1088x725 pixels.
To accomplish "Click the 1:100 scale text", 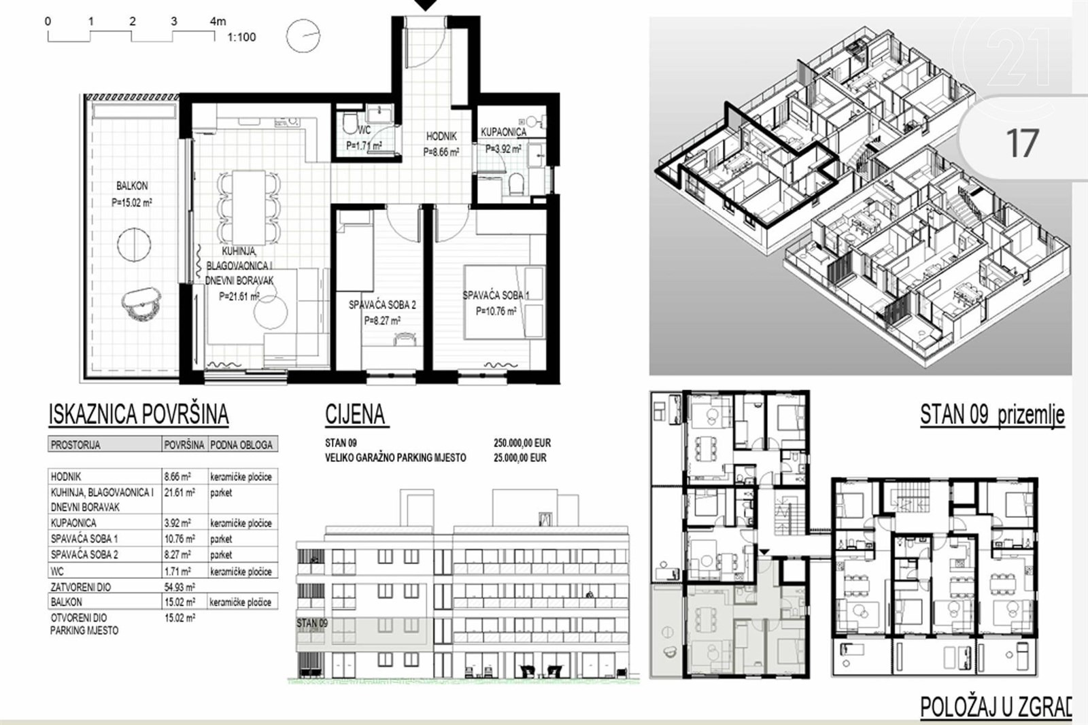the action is click(x=241, y=37).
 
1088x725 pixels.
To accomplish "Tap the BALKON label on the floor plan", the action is click(x=132, y=186).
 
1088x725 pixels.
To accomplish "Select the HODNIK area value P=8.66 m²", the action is click(x=441, y=152).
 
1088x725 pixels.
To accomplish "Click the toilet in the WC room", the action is click(x=350, y=123).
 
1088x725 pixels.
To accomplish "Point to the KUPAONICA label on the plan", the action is click(x=504, y=132).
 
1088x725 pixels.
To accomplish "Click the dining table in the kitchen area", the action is click(x=249, y=207).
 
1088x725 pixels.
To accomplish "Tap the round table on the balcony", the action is click(x=134, y=245).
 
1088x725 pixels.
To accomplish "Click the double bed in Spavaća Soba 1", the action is click(x=504, y=302).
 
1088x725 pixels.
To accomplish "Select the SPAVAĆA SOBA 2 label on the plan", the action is click(x=382, y=305).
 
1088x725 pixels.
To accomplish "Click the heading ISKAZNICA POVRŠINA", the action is click(x=139, y=414).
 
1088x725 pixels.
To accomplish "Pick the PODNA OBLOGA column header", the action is click(x=241, y=444).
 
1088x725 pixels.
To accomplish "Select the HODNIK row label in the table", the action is click(x=66, y=477).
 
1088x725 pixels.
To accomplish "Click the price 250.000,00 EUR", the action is click(x=522, y=443).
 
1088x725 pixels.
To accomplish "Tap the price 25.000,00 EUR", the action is click(x=520, y=457).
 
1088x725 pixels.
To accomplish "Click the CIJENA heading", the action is click(x=355, y=414).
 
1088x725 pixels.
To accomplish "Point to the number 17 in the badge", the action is click(x=1023, y=143).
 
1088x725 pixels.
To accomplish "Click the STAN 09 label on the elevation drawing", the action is click(x=312, y=623).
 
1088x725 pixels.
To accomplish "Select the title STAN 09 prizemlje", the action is click(x=992, y=415).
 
